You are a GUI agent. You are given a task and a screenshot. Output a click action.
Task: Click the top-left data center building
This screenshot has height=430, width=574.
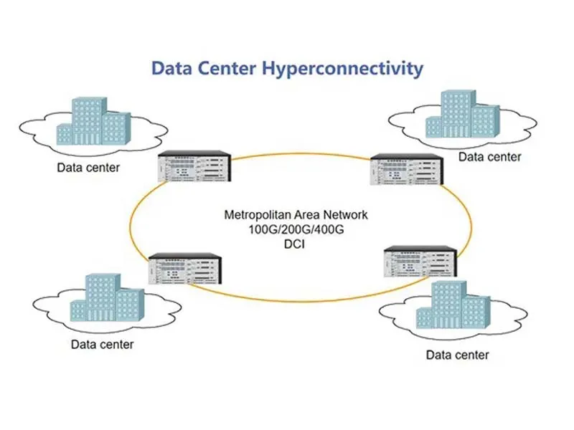pyautogui.click(x=94, y=123)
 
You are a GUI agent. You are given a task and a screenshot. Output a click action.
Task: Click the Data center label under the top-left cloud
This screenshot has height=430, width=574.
pyautogui.click(x=88, y=168)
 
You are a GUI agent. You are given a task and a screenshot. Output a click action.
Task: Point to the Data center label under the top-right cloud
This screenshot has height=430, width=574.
pyautogui.click(x=490, y=157)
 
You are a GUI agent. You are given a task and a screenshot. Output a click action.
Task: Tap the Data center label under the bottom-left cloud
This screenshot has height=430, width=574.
pyautogui.click(x=102, y=345)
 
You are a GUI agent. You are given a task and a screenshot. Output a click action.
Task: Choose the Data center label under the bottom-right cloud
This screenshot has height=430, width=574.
pyautogui.click(x=457, y=355)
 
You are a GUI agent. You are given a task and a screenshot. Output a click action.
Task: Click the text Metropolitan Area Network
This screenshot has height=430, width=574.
pyautogui.click(x=296, y=214)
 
